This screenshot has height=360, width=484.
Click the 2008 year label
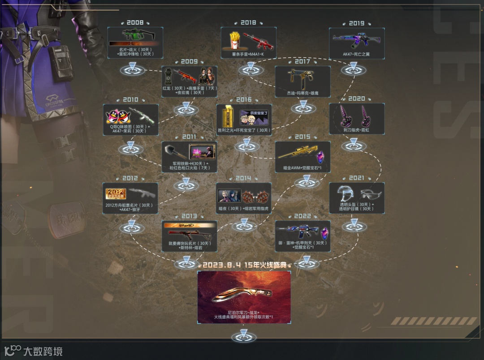135,23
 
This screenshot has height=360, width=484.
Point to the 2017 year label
302,61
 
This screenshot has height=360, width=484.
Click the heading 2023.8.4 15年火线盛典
244,265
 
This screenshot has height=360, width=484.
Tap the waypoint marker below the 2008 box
133,70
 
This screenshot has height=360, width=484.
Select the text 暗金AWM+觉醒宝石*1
302,167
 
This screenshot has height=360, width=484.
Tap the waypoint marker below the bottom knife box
244,335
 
